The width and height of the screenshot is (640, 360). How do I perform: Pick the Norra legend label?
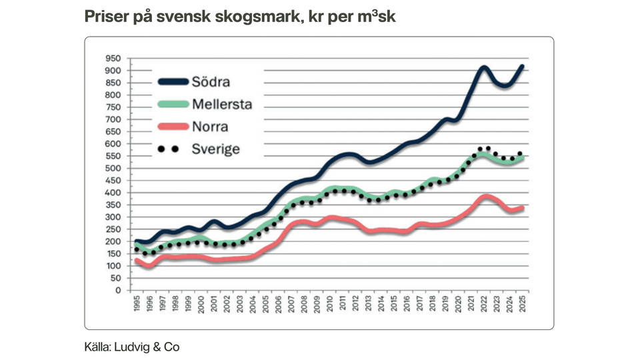click(210, 127)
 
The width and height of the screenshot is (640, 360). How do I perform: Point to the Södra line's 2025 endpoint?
click(523, 66)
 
